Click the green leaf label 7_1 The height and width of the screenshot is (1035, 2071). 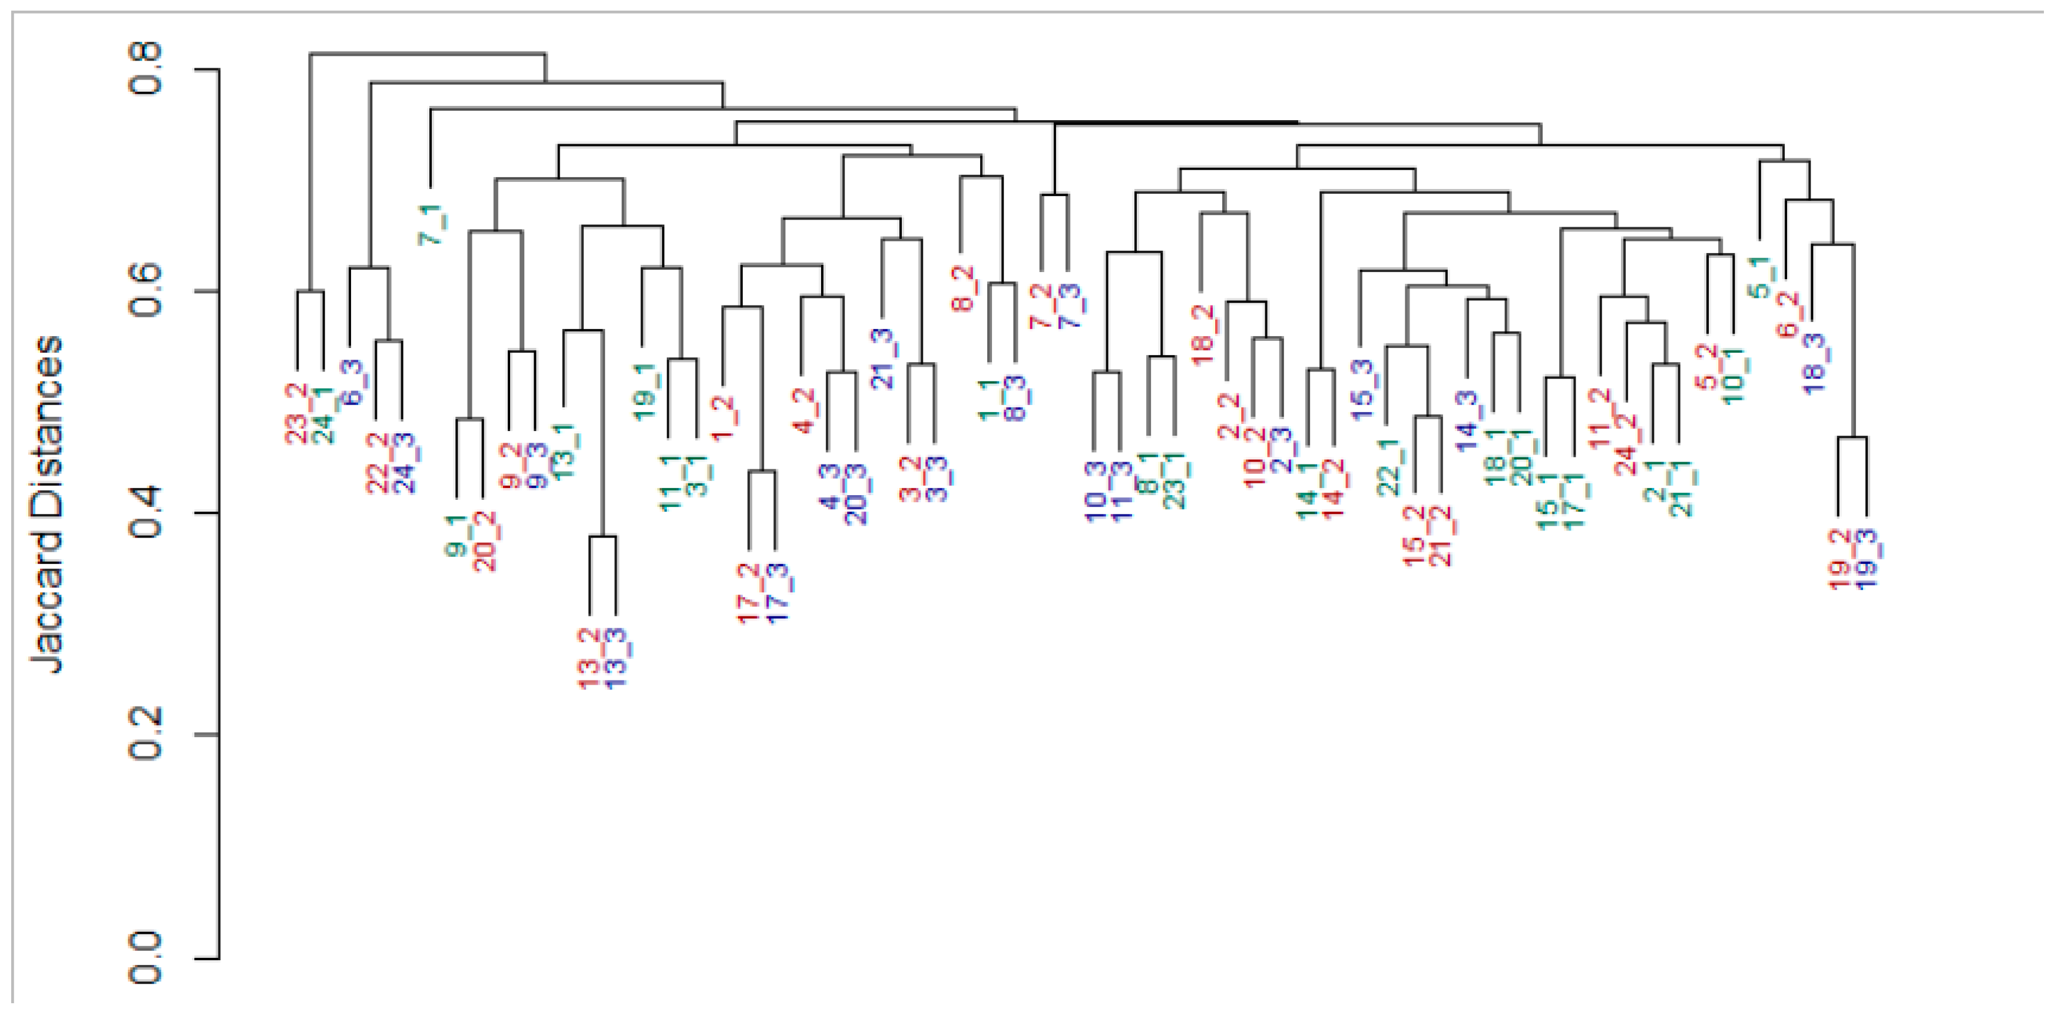(x=432, y=224)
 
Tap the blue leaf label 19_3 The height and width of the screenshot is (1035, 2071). (x=1866, y=559)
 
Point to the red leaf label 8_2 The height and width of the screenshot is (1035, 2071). (x=962, y=288)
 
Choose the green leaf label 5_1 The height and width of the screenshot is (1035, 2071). (x=1759, y=277)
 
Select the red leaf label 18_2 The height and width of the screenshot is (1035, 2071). (x=1202, y=335)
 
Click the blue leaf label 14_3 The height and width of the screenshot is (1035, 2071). (x=1467, y=420)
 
